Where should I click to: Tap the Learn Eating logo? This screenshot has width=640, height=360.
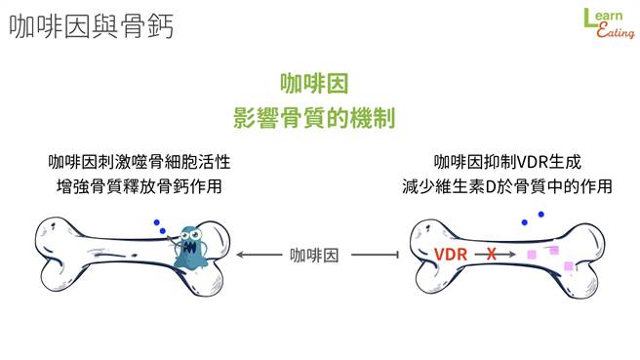[607, 23]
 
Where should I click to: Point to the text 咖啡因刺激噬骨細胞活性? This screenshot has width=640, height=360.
[144, 161]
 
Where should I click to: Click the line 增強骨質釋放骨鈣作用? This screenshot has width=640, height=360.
[144, 183]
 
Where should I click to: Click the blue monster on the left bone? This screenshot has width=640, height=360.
[188, 248]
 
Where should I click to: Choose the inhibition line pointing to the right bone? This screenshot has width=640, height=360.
[376, 256]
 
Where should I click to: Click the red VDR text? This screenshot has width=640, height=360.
[452, 255]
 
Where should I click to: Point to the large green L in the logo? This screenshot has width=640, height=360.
[589, 18]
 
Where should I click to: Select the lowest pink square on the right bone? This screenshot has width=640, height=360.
[568, 265]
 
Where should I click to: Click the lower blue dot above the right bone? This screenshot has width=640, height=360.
[525, 223]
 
